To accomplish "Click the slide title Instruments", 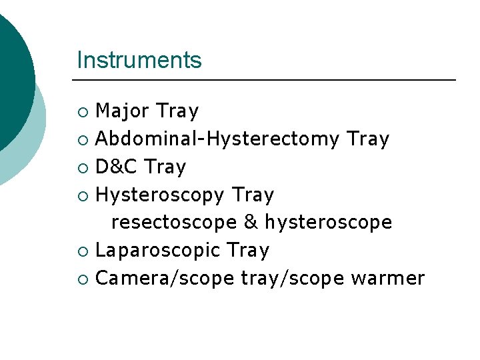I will [139, 60].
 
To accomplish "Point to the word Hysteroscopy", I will [160, 195].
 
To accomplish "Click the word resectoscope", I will [174, 223].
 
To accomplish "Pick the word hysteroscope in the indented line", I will [328, 223].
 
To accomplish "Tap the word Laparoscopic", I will [159, 251].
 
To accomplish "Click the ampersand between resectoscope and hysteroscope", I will [251, 222].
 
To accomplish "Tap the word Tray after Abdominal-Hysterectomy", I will [368, 139].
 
